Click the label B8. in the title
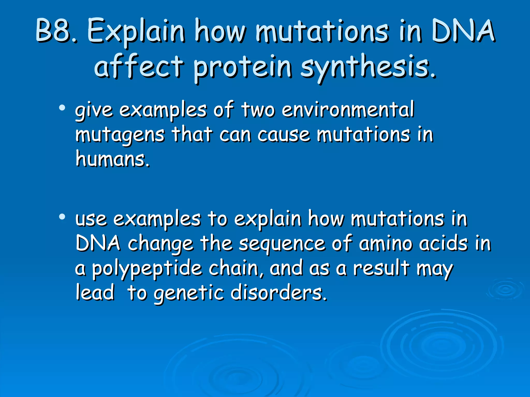(x=56, y=31)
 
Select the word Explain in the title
(x=136, y=32)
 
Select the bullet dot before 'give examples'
(x=62, y=108)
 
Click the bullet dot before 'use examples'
(x=62, y=217)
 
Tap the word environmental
(x=348, y=110)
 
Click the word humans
(x=113, y=159)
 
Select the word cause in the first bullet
(x=284, y=135)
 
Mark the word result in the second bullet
(x=381, y=268)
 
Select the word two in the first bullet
(x=258, y=110)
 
